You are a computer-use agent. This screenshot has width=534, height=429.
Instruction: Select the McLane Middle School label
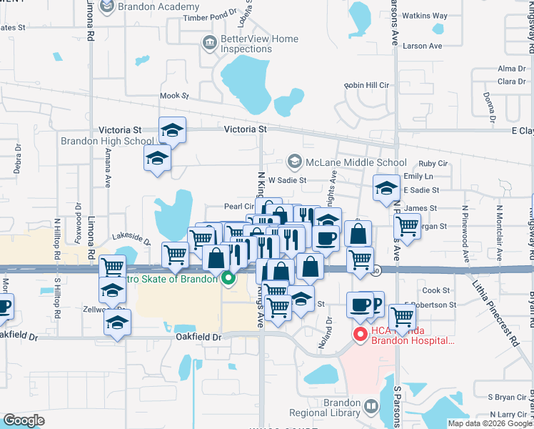click(x=356, y=162)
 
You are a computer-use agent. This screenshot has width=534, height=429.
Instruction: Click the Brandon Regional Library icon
click(x=371, y=407)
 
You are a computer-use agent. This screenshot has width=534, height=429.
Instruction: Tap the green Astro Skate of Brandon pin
click(x=228, y=278)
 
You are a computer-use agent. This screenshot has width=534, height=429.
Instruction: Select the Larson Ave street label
click(x=423, y=46)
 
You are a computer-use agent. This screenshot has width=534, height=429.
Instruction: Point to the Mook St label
click(x=173, y=95)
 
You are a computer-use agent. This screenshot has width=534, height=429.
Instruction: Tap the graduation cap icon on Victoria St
click(x=172, y=130)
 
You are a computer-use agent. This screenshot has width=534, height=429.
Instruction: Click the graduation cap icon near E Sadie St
click(x=386, y=189)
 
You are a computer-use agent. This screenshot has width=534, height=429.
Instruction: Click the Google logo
click(x=24, y=420)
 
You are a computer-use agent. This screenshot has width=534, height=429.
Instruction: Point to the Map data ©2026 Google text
click(x=488, y=423)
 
